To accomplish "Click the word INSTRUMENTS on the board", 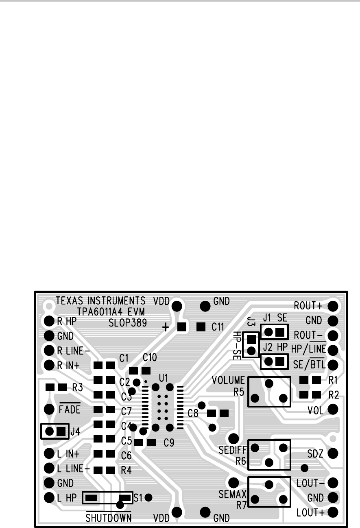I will [116, 301].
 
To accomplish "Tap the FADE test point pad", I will [49, 409].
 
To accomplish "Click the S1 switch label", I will [138, 497].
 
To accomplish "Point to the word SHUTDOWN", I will [109, 518].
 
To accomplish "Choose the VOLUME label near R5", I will [229, 381].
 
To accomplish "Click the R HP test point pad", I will [49, 321].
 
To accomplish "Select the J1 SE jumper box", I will [274, 332].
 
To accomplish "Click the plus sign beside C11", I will [166, 327].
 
